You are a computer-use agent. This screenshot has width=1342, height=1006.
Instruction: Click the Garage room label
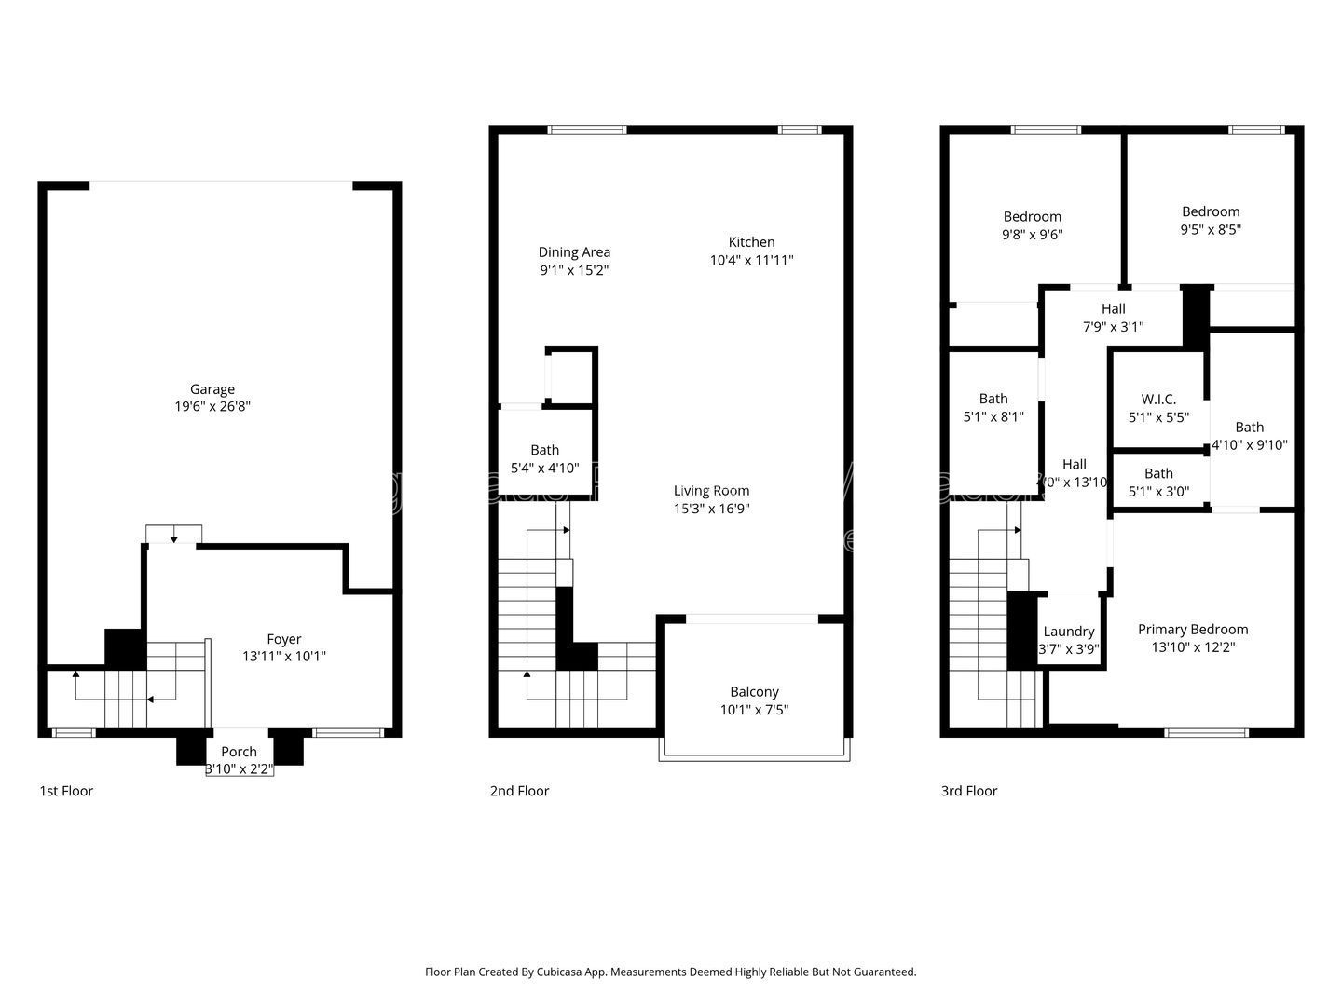coord(212,389)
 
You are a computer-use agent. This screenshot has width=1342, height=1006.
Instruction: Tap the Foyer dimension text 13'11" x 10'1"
coord(284,656)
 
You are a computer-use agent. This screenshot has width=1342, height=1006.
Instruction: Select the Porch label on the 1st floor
coord(239,752)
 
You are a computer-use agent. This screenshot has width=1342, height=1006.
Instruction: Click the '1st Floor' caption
coord(66,791)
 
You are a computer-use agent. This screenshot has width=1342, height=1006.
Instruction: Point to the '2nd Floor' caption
coord(519,791)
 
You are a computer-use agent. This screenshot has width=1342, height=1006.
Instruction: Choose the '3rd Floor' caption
coord(968,791)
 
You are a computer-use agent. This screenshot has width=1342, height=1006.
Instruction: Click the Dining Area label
coord(574,251)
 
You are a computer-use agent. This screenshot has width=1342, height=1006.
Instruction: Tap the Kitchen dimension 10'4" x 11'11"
coord(751,260)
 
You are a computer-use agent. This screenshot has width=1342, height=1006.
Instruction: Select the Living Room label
coord(711,490)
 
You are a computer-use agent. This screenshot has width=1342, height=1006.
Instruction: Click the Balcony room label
coord(754,691)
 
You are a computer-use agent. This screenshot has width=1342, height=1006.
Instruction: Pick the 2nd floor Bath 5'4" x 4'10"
coord(545,459)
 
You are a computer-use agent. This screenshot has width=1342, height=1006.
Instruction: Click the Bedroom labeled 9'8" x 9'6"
coord(1032,225)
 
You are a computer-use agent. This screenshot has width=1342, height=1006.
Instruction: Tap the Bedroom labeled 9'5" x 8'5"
coord(1211,220)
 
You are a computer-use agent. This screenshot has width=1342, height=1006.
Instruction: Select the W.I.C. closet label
coord(1158,399)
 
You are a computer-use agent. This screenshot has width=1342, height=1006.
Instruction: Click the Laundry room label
coord(1068,631)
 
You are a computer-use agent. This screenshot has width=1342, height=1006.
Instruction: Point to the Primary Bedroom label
coord(1193,629)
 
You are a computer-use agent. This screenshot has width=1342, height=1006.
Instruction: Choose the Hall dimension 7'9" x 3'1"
coord(1113,327)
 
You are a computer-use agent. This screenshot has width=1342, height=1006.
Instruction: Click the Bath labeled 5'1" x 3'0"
coord(1158,483)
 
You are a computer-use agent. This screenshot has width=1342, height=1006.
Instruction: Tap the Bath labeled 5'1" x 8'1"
coord(993,408)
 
